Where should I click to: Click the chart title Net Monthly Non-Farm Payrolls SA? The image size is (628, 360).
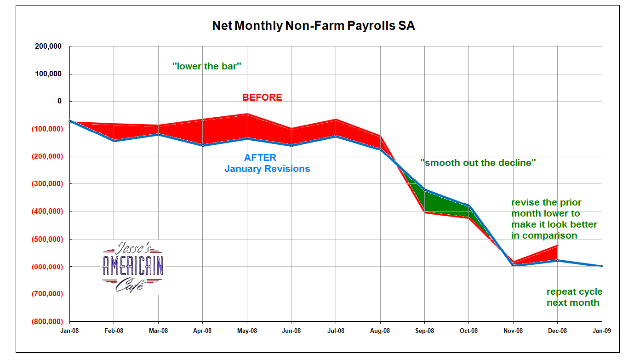313,26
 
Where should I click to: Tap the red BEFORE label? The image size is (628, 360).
262,97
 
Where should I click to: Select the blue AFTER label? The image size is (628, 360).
260,158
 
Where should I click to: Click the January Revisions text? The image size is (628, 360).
267,169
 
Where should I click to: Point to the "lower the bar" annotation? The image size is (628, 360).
207,66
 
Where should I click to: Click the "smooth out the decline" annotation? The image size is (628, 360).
478,162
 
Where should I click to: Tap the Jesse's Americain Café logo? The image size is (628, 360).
133,266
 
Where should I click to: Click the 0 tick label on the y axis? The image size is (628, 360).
59,101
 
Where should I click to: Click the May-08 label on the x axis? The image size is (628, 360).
247,331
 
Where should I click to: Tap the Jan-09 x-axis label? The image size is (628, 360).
601,331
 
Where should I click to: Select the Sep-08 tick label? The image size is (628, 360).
424,331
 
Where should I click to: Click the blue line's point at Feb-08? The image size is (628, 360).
114,141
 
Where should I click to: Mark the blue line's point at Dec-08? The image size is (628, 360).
558,260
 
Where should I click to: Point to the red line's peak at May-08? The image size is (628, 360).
247,114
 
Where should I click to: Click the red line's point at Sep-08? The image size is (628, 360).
424,212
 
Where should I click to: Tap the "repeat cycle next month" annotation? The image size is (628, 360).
574,297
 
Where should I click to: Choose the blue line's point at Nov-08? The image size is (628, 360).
513,265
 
